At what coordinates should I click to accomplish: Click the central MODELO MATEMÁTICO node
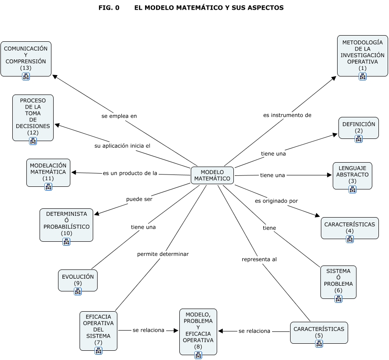[212, 175]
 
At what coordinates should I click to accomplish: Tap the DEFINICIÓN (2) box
[359, 127]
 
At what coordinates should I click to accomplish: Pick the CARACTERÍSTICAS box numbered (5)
[319, 332]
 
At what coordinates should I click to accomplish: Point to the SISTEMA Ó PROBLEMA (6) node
[338, 282]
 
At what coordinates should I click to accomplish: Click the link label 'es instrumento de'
[287, 115]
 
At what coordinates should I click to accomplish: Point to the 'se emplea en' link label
[119, 116]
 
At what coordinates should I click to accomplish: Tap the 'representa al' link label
[259, 259]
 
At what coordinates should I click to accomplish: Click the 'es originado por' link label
[276, 201]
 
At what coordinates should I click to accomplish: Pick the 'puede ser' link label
[139, 199]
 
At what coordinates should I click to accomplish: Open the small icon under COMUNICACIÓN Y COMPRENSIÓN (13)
[26, 76]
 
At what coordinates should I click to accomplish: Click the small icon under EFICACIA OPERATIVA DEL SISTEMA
[98, 350]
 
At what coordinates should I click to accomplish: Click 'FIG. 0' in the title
[109, 8]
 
